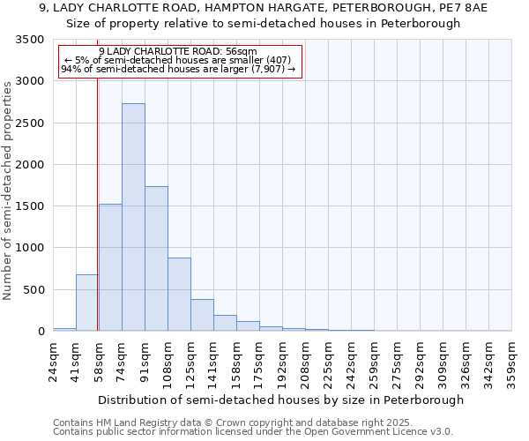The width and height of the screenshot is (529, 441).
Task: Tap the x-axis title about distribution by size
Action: pos(280,400)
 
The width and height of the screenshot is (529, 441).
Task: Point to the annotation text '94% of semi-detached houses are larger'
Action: pos(180,69)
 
